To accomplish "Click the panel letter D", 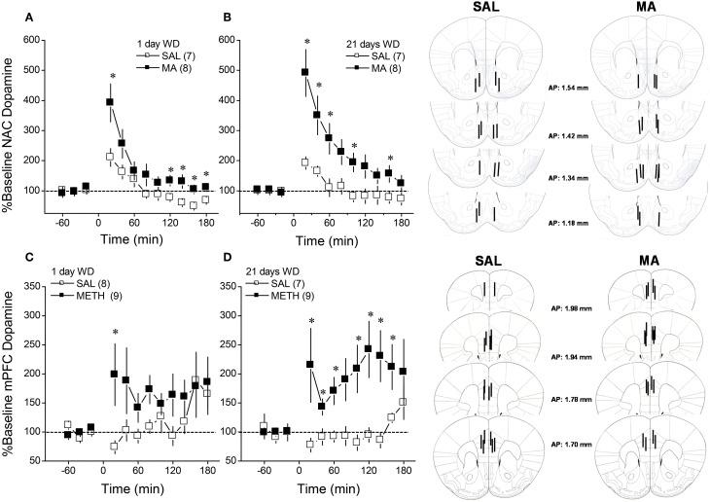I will point(227,259).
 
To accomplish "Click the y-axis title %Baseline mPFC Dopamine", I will point(9,370).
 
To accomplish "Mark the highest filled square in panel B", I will point(304,72).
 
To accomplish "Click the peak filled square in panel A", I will point(110,101).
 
